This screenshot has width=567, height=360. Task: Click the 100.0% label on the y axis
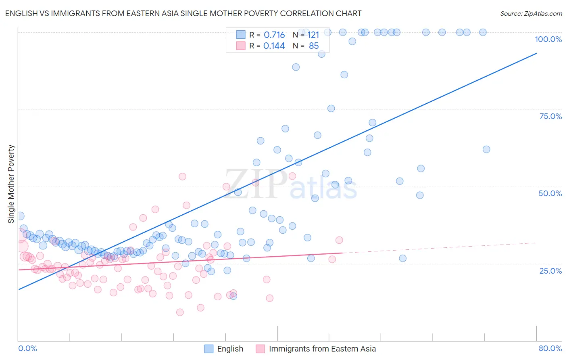[x=548, y=39]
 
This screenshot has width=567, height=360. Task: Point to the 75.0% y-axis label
[x=550, y=116]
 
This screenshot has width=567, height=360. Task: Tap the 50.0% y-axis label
[x=550, y=193]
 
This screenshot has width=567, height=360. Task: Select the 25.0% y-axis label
[x=550, y=270]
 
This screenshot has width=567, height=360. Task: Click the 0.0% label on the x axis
[x=27, y=348]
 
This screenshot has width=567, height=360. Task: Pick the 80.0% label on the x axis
[x=550, y=348]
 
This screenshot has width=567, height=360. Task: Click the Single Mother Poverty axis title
[x=11, y=184]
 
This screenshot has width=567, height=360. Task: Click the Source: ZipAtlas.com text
[x=531, y=13]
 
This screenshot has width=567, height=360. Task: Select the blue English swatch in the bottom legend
[x=208, y=349]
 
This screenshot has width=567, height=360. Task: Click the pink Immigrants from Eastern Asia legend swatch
[x=260, y=349]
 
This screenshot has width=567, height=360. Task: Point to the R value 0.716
[x=274, y=35]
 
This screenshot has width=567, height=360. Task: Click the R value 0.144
[x=274, y=46]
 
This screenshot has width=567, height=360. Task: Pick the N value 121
[x=313, y=35]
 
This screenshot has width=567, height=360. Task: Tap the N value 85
[x=314, y=46]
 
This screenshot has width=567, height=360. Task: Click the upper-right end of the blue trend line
[x=536, y=53]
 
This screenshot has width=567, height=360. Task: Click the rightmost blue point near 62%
[x=486, y=149]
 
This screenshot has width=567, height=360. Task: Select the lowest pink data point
[x=180, y=312]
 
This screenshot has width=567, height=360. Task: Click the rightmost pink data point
[x=339, y=240]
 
